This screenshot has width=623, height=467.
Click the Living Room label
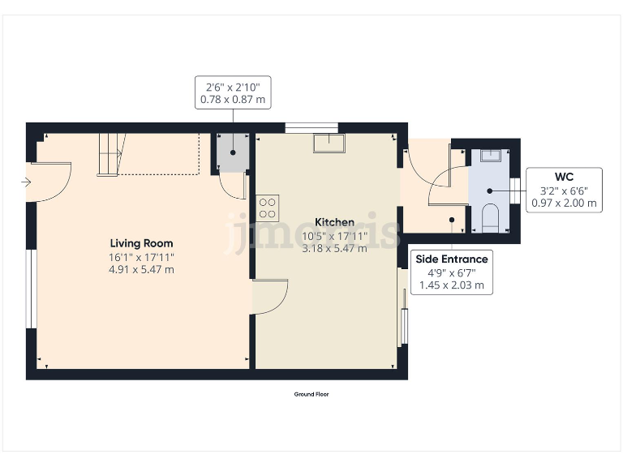pos(141,243)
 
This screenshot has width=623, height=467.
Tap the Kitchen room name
pos(334,222)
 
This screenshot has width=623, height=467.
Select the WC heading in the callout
pos(565,177)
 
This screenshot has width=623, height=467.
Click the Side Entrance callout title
pos(452,259)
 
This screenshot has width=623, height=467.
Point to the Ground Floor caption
pos(311,394)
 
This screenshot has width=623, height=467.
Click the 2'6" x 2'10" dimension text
pos(233,87)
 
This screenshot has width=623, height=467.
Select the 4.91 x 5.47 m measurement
pos(141,269)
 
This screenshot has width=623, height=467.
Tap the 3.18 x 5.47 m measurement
pos(334,248)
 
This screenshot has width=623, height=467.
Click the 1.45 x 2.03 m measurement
pos(452,285)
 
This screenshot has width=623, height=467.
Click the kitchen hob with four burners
pos(268,208)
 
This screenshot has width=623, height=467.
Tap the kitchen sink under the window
pos(329,143)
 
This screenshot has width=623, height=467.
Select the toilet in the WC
pos(490,217)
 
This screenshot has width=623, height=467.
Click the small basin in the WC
pos(490,154)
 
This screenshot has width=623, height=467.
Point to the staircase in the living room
pos(110,154)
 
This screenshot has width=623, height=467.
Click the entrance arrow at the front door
pos(26,183)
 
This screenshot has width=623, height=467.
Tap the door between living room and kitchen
pos(271,296)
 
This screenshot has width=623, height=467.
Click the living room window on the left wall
pos(31,289)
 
